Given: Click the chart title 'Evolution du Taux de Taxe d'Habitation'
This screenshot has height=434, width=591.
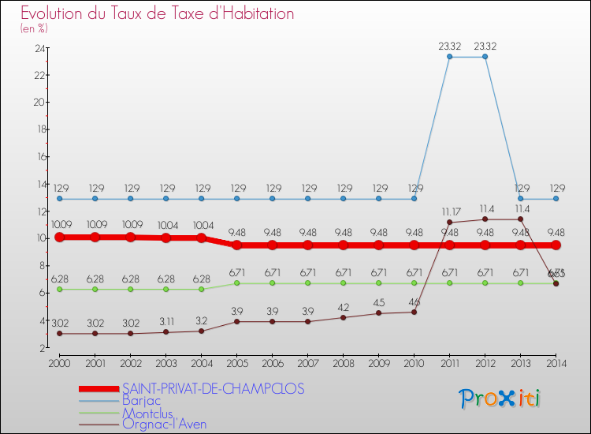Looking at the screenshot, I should click(x=158, y=13).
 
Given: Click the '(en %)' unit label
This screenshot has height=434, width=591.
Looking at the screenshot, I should click(x=34, y=28).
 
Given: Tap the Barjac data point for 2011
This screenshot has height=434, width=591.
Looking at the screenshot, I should click(x=449, y=56).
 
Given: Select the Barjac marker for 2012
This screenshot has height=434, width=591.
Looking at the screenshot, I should click(x=485, y=56).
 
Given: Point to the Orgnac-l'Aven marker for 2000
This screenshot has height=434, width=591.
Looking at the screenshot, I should click(x=59, y=334).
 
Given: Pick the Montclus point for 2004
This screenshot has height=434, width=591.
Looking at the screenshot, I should click(x=201, y=289).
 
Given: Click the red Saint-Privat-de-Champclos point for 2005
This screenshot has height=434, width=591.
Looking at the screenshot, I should click(x=236, y=245).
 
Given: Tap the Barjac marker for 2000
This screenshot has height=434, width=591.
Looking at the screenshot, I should click(x=59, y=198).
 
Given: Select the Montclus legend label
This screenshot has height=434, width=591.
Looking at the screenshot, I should click(x=147, y=413).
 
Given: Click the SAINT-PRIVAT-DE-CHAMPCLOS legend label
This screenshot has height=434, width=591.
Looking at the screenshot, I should click(x=213, y=389).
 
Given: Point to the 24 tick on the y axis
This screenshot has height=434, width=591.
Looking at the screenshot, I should click(x=39, y=48).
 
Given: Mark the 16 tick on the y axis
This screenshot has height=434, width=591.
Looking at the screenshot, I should click(x=39, y=157).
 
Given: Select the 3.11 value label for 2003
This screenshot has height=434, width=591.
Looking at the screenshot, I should click(x=165, y=322).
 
